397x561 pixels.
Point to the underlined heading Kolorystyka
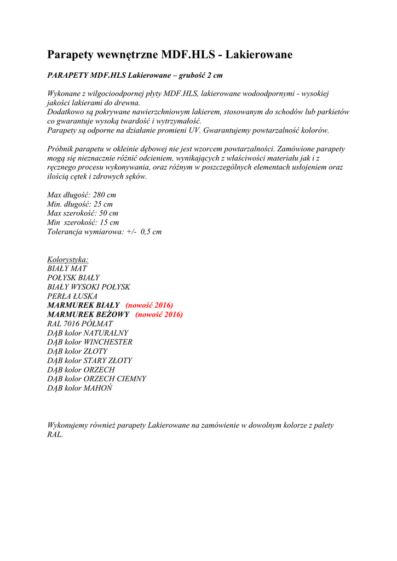click(x=68, y=259)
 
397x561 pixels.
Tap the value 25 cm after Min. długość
click(x=103, y=204)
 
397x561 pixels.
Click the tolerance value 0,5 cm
click(x=151, y=232)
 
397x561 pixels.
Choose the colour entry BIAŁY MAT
click(x=67, y=268)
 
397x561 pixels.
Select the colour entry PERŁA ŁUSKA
click(x=72, y=296)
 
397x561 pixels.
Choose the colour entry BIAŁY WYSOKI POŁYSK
click(x=89, y=287)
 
